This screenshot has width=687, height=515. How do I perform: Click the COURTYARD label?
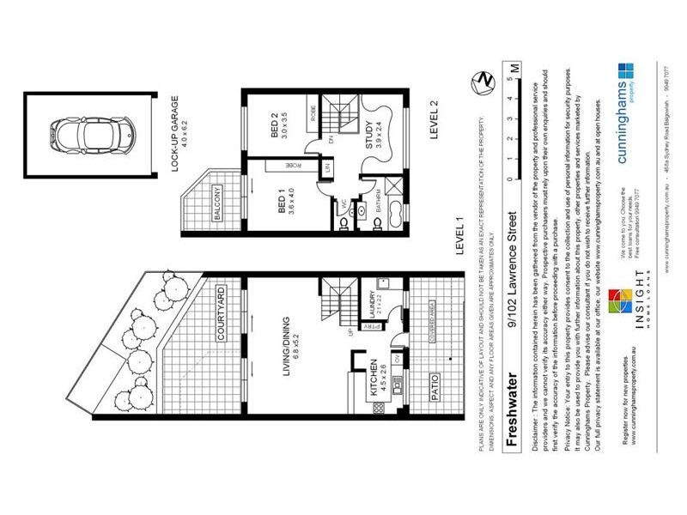(221, 316)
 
